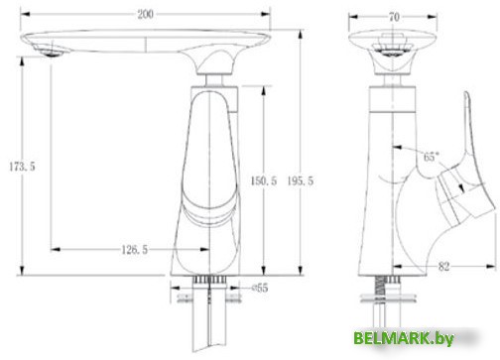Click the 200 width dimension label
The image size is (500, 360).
[x=146, y=14]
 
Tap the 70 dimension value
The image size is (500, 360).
[x=394, y=17]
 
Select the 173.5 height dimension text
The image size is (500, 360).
[x=22, y=167]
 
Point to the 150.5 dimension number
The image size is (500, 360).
[x=264, y=180]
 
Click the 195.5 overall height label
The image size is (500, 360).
[x=300, y=180]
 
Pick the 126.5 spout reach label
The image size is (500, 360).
[x=135, y=250]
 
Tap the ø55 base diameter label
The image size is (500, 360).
[x=260, y=288]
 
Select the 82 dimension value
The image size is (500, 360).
[x=443, y=266]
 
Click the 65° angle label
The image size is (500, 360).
[x=432, y=157]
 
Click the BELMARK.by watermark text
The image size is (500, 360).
[x=404, y=338]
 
